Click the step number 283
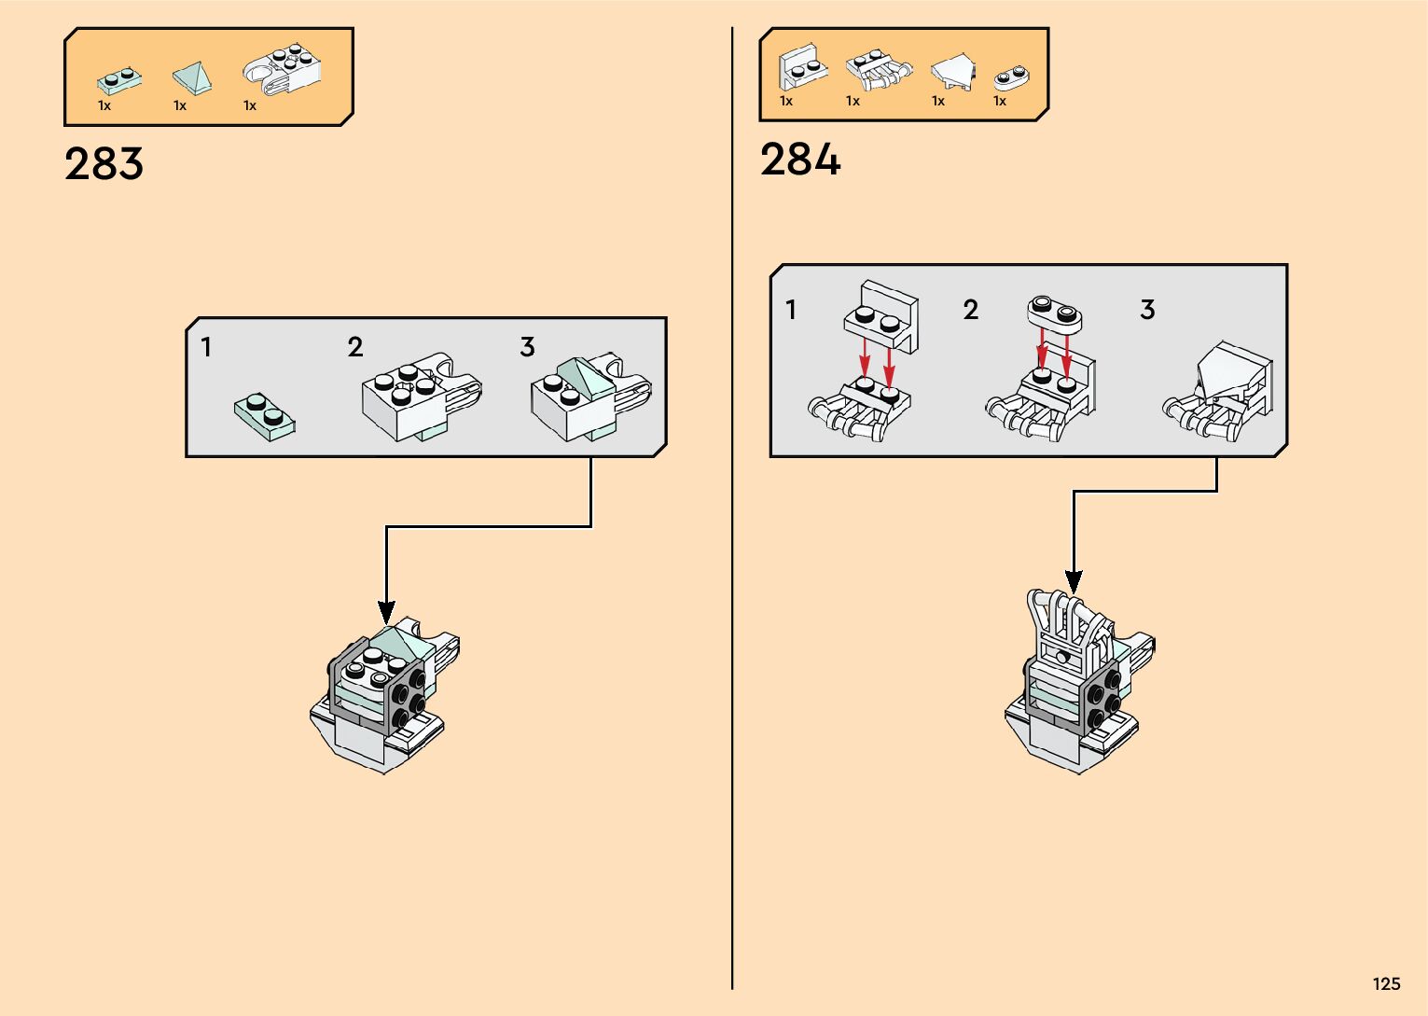pos(104,164)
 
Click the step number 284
pos(799,160)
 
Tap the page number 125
pos(1386,984)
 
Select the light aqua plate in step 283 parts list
pos(119,80)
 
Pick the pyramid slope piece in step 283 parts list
pos(192,78)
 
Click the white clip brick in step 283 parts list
pos(282,70)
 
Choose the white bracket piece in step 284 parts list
pos(801,67)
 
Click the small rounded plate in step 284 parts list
pos(1009,77)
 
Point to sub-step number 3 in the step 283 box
pos(527,348)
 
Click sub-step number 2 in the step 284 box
pos(970,310)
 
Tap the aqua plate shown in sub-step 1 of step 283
pos(266,417)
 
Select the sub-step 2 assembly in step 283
pos(420,396)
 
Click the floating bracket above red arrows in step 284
pos(881,315)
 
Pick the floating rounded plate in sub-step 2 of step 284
pos(1055,313)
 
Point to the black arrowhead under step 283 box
pos(386,612)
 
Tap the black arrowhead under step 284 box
pos(1074,581)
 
